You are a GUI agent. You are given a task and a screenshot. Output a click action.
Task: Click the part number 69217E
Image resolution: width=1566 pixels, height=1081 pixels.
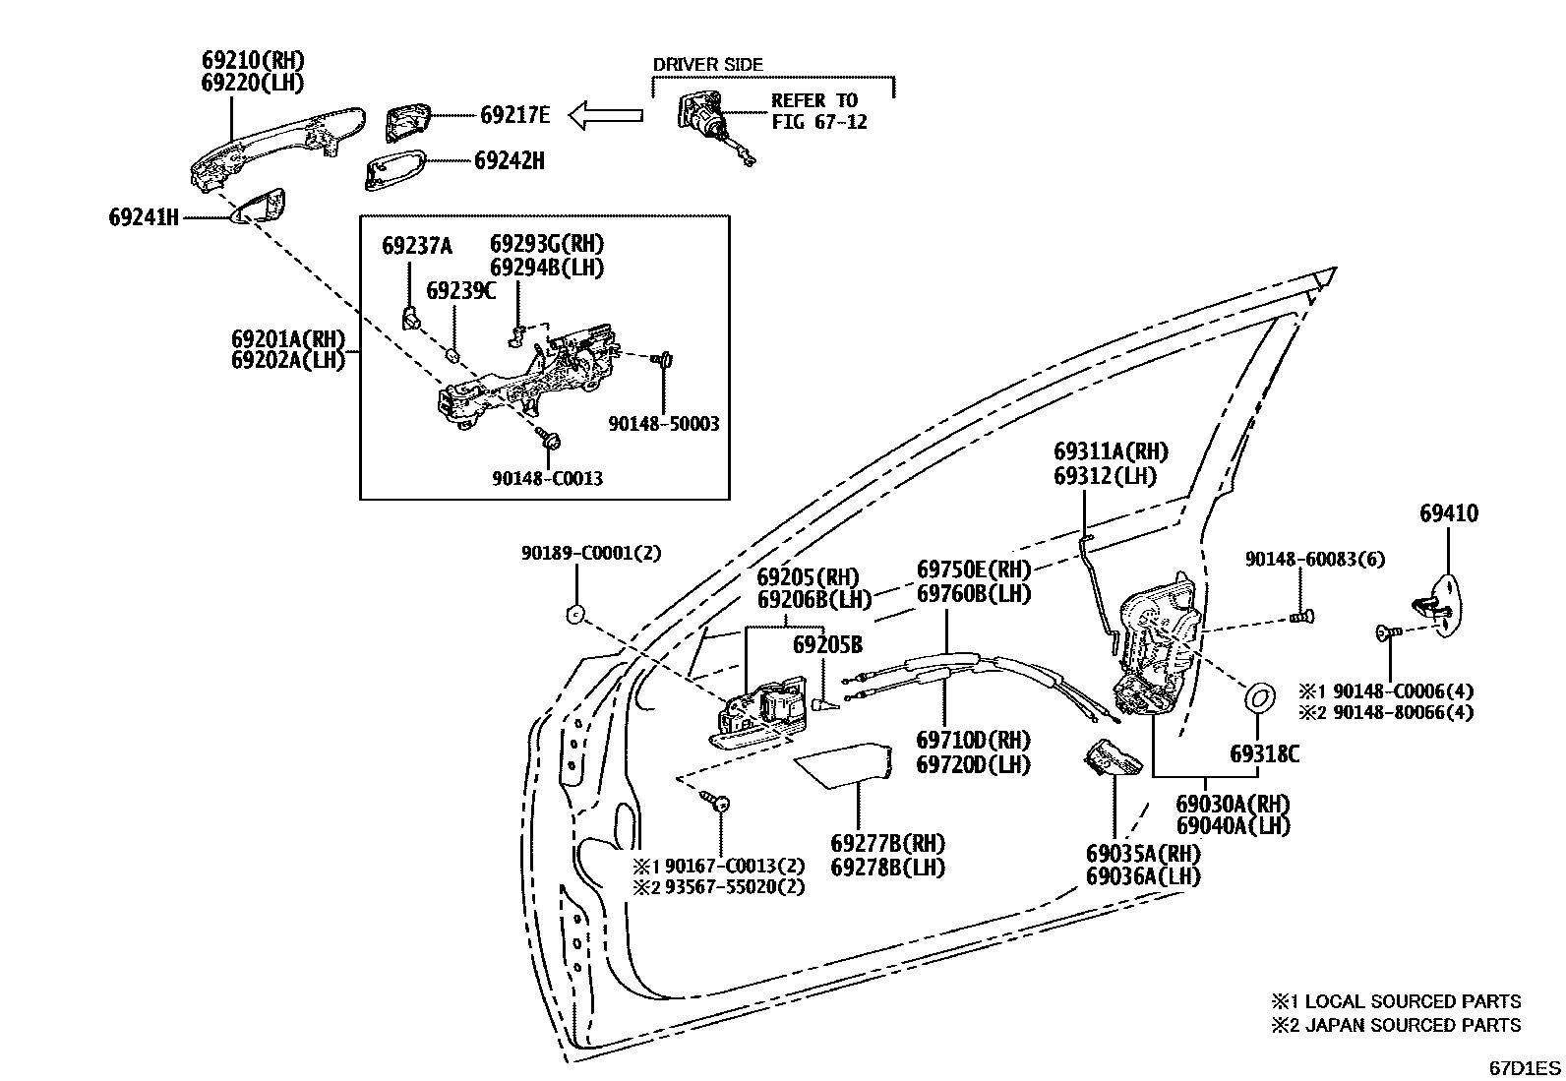coord(514,115)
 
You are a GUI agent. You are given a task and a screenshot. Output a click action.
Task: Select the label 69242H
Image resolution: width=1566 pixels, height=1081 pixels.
coord(509,160)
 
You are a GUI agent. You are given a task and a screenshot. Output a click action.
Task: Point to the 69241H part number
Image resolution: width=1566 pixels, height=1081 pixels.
coord(144,216)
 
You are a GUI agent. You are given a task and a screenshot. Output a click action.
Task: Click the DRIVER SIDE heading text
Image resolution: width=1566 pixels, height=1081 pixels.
coord(707,65)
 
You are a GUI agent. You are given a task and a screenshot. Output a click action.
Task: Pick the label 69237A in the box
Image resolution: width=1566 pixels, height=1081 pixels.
coord(417,246)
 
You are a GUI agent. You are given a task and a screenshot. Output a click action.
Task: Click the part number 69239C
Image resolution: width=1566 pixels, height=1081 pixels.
coord(460,291)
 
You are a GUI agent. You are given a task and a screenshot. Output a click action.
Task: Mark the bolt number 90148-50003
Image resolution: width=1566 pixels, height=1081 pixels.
coord(663,424)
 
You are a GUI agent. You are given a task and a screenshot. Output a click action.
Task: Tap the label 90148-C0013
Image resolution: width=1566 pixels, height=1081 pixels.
coord(547,478)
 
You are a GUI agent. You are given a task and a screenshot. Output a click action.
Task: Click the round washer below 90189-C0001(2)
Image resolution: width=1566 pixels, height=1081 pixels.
coord(574,616)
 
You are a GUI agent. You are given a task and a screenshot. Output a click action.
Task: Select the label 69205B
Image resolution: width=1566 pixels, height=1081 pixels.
coord(827,644)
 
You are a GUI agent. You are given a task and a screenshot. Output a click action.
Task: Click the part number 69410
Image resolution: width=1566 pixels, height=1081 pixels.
coord(1448,513)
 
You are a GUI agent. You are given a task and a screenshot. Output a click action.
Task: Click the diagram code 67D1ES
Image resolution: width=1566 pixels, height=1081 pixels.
coord(1523,1067)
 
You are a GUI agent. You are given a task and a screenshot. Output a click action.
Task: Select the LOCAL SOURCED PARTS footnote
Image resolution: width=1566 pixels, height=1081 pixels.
coord(1396,1001)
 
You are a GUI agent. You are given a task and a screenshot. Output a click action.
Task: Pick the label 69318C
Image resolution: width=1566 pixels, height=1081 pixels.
coord(1264,754)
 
